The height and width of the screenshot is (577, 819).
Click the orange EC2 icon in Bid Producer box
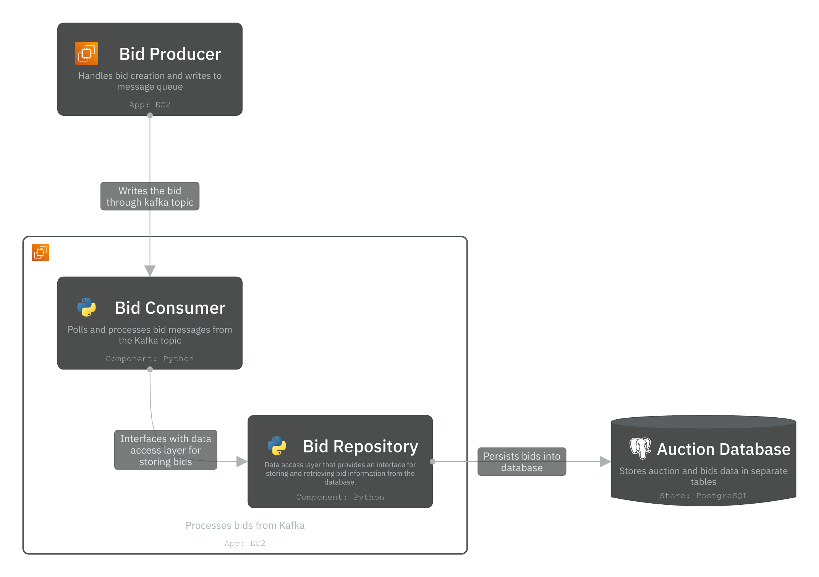coord(86,53)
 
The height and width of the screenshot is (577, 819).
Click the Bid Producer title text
coord(170,54)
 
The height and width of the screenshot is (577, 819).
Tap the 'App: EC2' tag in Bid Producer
coord(149,105)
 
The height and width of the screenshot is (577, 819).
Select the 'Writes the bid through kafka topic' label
coord(150,196)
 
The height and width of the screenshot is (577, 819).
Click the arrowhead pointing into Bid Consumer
coord(150,270)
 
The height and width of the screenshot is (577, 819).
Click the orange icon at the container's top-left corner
coord(40,253)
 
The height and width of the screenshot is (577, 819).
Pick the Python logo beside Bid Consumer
coord(86,307)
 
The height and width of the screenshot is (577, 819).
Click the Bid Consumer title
coord(170,308)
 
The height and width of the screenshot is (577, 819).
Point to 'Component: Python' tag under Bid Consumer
coord(150,359)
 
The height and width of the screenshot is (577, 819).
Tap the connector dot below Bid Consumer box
coord(150,369)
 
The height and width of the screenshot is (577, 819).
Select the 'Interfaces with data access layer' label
coord(165,450)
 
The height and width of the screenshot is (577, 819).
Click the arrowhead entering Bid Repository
coord(241,462)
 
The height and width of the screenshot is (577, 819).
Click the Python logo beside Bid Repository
coord(277,446)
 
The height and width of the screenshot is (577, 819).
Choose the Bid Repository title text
coord(360,446)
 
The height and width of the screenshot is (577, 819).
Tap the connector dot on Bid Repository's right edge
coord(432,462)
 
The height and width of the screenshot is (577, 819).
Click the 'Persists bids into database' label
coord(521,462)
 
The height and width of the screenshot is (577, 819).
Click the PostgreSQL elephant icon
coord(640,448)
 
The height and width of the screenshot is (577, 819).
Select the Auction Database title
coord(723,449)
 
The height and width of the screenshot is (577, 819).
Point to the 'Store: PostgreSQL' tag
coord(703,496)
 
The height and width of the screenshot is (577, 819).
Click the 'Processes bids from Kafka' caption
coord(245,525)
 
